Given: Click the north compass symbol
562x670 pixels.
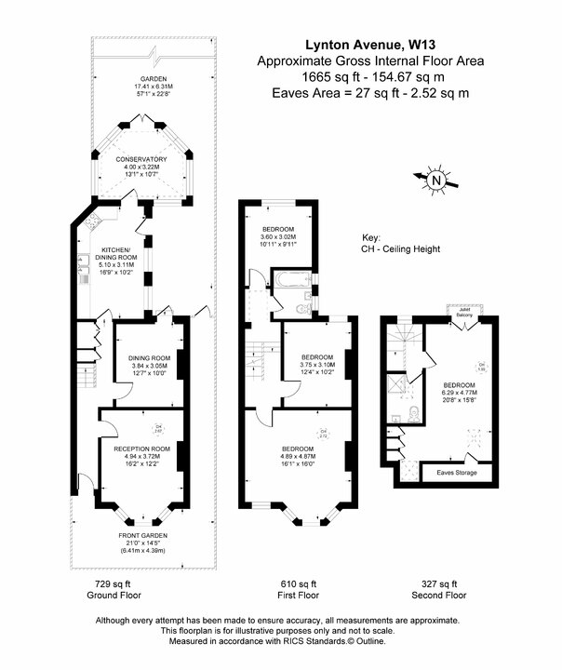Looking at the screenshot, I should [x=437, y=179].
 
